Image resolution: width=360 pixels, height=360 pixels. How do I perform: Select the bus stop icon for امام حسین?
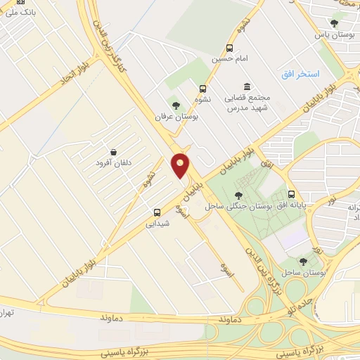point(229,49)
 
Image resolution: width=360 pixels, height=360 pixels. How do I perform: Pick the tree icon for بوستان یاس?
point(335,23)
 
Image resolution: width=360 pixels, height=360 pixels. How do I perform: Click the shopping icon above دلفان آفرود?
point(113,152)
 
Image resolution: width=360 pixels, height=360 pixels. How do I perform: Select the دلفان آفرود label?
point(113,163)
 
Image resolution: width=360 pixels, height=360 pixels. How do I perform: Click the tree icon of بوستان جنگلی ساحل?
point(238,195)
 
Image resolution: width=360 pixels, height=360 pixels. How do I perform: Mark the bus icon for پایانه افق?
point(291,195)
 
